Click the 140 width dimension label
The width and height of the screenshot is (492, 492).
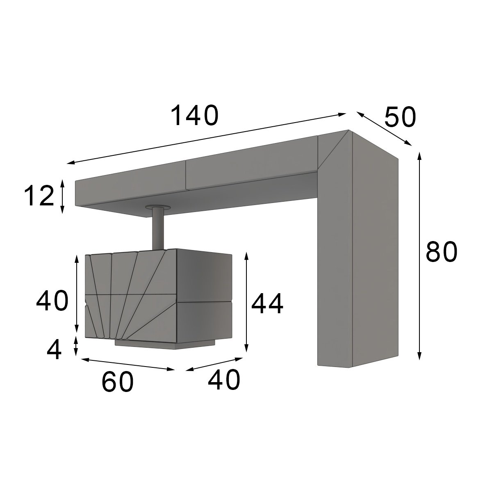[195, 115]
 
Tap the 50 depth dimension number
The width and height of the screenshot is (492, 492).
[400, 117]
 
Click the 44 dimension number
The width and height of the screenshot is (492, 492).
[267, 303]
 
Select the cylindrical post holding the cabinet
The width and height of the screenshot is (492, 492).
[158, 228]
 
